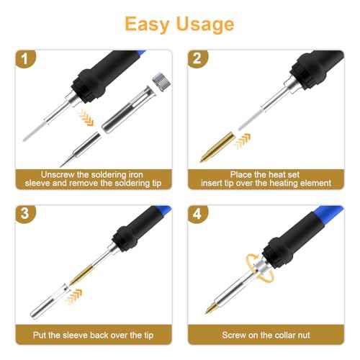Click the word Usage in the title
click(x=206, y=24)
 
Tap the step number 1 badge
click(x=27, y=60)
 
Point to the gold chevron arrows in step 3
click(x=74, y=292)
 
